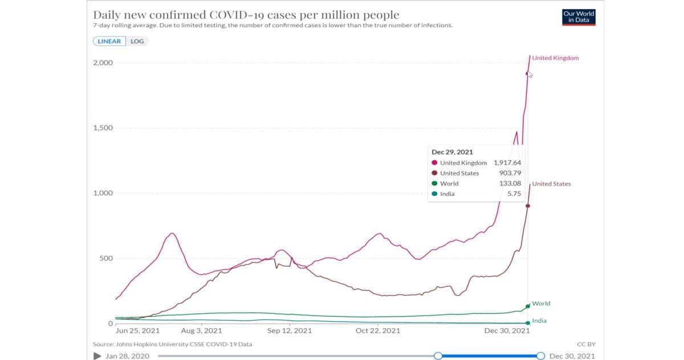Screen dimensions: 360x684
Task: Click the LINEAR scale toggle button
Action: [x=109, y=41]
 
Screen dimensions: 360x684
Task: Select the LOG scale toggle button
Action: [x=137, y=41]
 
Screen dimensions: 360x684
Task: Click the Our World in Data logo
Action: [x=579, y=17]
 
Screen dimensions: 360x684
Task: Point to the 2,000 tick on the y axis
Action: [x=103, y=63]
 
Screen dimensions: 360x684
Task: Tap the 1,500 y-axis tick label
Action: [x=103, y=128]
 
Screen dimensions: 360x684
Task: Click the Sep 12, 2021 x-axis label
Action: [x=290, y=330]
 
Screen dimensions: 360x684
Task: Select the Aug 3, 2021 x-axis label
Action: [x=201, y=330]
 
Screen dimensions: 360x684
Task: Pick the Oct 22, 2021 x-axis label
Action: [x=378, y=330]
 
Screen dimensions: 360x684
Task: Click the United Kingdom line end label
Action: [x=555, y=58]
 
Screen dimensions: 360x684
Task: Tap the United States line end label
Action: [x=551, y=184]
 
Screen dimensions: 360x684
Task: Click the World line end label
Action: [x=541, y=304]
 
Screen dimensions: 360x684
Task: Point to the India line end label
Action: [x=539, y=321]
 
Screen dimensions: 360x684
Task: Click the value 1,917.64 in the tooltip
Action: [x=507, y=163]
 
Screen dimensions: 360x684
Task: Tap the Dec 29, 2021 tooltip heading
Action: [x=452, y=152]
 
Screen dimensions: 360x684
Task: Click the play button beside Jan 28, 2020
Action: [x=97, y=356]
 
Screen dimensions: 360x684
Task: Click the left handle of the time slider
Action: [x=438, y=356]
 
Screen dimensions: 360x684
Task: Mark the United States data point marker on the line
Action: [x=528, y=206]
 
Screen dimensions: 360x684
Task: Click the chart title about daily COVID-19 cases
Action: [x=246, y=15]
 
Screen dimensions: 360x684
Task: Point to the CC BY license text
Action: [x=586, y=344]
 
